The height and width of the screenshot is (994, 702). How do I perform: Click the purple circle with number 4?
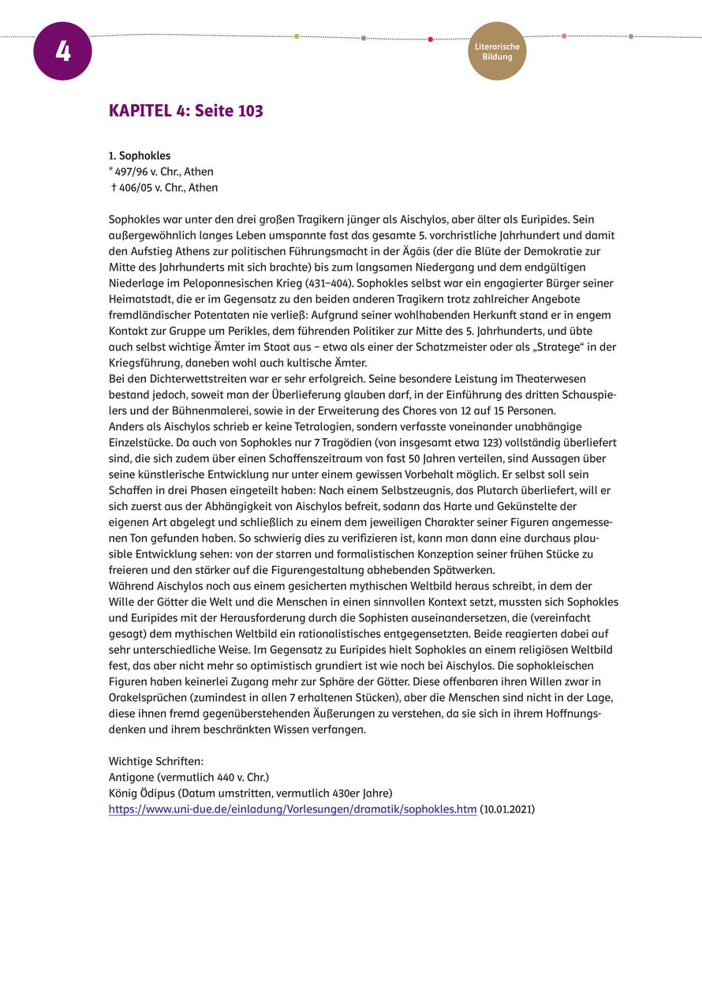click(62, 51)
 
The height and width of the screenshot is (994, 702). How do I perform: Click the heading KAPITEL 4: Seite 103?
click(186, 111)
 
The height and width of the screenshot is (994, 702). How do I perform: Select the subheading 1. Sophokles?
click(140, 156)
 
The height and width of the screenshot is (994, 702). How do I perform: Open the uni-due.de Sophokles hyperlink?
click(293, 809)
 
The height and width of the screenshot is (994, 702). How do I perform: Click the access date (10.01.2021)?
click(507, 809)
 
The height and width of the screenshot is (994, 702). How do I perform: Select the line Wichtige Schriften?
click(156, 762)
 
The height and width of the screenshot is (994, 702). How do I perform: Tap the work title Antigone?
click(132, 778)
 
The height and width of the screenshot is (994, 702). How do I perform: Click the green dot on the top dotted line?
click(297, 36)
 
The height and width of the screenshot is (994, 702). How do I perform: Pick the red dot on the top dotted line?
click(430, 39)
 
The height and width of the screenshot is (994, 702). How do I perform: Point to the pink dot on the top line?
click(564, 36)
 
